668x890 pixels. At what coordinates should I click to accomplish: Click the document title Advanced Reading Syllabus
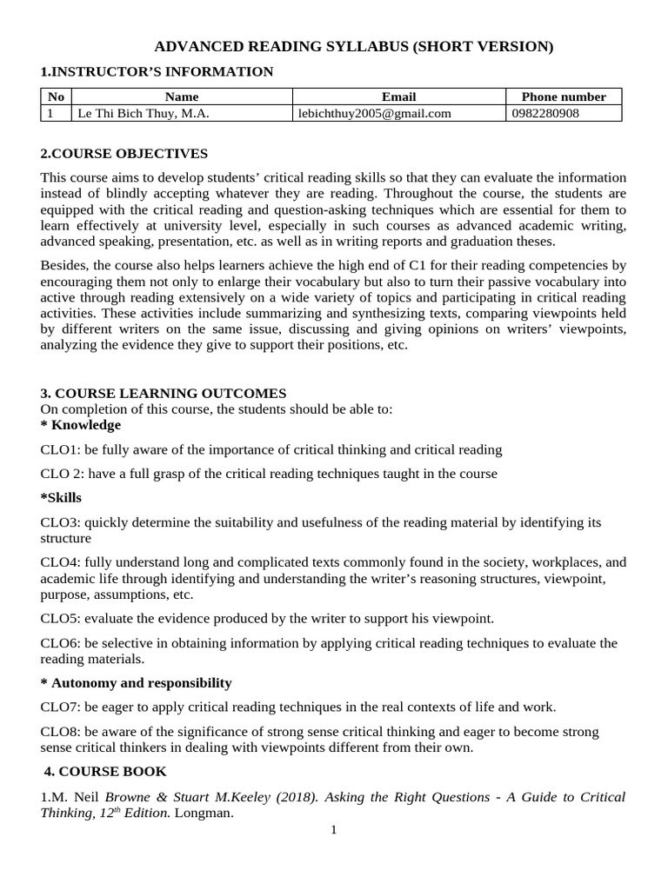[x=353, y=47]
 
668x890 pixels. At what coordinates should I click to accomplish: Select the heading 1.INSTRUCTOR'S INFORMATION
[x=157, y=71]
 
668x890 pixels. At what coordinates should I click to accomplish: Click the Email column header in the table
[x=398, y=96]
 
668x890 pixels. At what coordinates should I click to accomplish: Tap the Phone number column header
[x=563, y=96]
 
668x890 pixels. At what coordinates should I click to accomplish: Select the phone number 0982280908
[x=545, y=113]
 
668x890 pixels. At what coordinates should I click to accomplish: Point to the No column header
[x=56, y=96]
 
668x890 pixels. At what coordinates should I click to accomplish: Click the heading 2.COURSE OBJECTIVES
[x=124, y=154]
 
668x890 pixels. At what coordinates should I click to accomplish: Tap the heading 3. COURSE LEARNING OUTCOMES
[x=164, y=394]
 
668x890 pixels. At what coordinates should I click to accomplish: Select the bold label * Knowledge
[x=81, y=425]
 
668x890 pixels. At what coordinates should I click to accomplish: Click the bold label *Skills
[x=62, y=497]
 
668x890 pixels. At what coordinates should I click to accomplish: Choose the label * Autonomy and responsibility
[x=137, y=682]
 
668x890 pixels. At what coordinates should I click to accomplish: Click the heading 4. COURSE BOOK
[x=105, y=771]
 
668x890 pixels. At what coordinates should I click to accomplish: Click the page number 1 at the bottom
[x=333, y=830]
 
